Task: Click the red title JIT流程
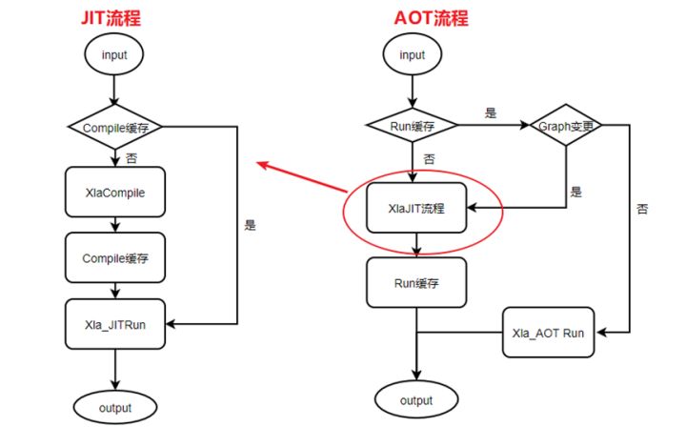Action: click(113, 17)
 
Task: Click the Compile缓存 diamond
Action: click(114, 126)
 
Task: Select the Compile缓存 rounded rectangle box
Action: click(114, 257)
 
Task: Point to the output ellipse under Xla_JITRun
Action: click(114, 407)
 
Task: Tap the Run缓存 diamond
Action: click(413, 126)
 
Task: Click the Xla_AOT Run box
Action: click(548, 334)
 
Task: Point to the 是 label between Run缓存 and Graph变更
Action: click(491, 113)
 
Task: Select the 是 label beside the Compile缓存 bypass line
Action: click(251, 226)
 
